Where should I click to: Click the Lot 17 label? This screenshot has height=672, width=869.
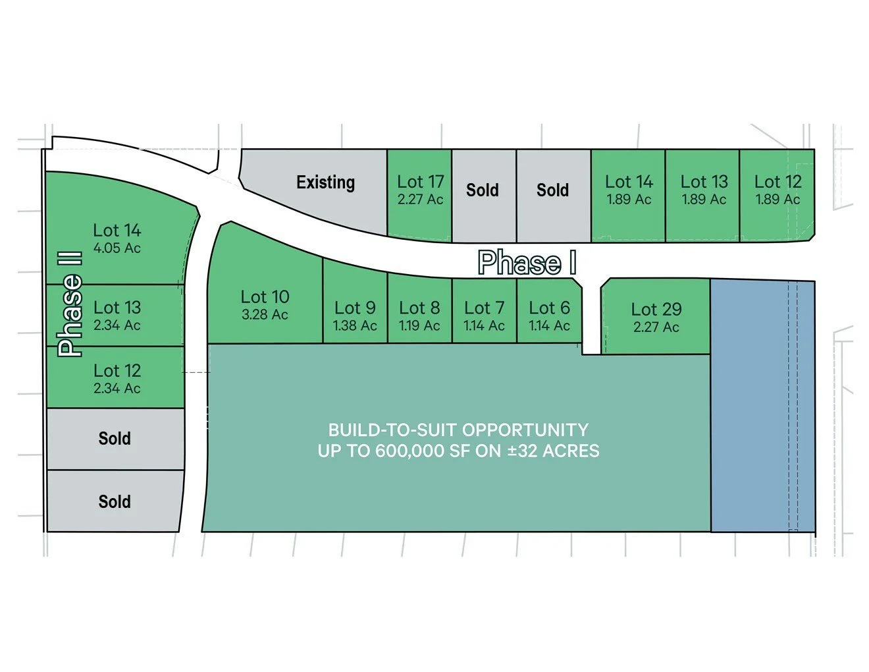420,182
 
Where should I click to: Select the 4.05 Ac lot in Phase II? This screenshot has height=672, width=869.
117,238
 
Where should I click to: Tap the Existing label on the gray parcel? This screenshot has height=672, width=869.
325,182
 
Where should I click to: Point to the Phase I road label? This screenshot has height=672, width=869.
527,263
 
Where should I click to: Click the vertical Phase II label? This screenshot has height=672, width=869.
70,304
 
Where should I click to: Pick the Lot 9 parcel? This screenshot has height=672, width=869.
355,315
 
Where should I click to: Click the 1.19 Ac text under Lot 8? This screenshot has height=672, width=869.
419,325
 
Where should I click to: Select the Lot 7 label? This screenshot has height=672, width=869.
484,308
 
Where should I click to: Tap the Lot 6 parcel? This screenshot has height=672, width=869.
549,315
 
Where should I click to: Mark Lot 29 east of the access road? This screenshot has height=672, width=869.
656,317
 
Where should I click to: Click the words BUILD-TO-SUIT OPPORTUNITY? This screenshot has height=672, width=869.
458,430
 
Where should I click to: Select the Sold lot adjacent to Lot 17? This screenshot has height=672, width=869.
483,190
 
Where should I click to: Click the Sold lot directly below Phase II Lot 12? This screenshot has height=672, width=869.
115,439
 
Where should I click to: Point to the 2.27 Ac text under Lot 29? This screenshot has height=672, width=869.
656,327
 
